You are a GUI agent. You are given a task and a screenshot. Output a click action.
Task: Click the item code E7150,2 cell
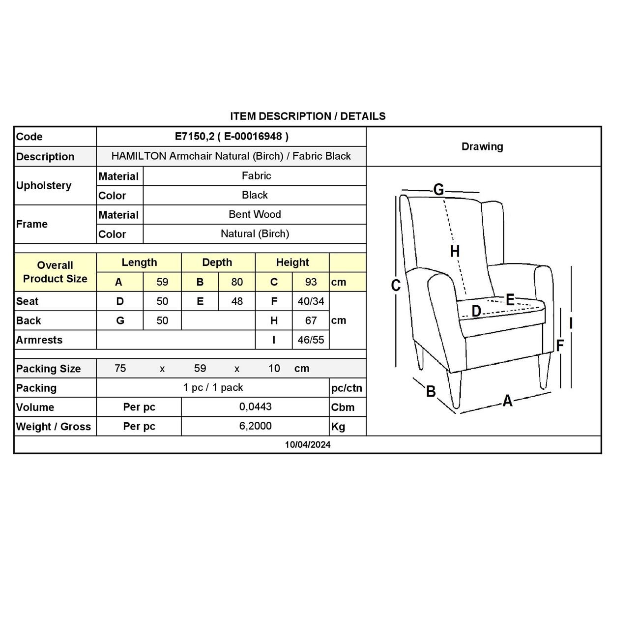(232, 137)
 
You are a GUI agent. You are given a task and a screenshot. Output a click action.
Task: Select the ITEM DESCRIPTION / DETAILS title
(308, 116)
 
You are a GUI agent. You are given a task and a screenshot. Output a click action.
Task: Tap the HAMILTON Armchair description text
(231, 156)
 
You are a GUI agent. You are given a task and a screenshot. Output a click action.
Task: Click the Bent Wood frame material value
(255, 214)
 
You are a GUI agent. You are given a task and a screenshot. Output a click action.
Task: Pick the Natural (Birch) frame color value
(255, 233)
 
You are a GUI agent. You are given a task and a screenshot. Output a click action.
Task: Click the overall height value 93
(311, 282)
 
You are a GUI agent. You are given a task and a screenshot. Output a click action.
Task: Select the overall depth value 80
(237, 282)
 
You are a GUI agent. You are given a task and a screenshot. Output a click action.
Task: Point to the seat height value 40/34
(311, 301)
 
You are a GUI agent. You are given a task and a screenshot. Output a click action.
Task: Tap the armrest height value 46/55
(311, 340)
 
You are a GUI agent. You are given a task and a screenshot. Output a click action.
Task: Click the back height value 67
(311, 320)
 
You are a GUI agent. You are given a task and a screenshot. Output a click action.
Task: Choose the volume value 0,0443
(255, 407)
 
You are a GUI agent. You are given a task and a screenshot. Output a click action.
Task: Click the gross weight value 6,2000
(255, 426)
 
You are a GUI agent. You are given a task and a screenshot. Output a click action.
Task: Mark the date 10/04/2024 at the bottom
(308, 445)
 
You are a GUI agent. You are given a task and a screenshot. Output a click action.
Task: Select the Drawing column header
(482, 146)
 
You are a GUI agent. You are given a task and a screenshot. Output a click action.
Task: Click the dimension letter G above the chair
(438, 189)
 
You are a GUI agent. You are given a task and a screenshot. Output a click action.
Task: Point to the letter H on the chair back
(455, 252)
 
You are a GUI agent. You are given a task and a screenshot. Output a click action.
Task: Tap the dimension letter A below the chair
(507, 401)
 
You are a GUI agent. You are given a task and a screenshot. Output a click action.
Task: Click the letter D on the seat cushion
(476, 311)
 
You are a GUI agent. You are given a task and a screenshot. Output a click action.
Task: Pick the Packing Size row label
(48, 369)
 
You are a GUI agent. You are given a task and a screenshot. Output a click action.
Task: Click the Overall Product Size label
(55, 272)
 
